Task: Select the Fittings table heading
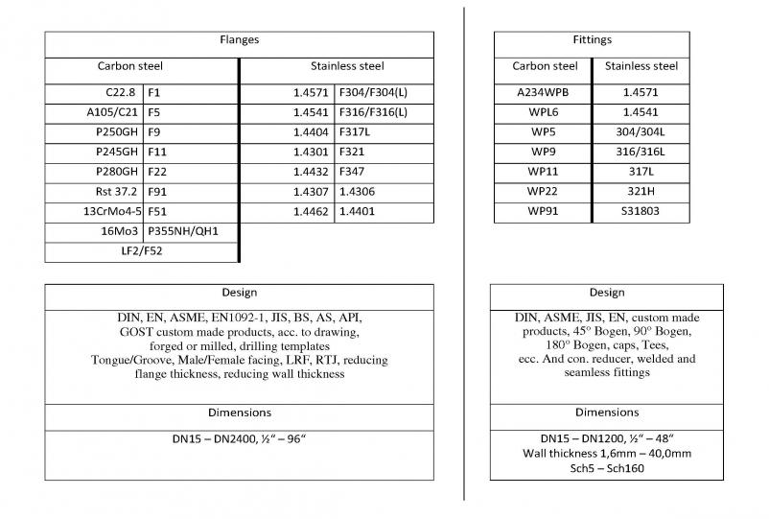click(x=591, y=40)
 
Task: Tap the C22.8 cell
click(x=121, y=93)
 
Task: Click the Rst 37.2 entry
click(x=116, y=192)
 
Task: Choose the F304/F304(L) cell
click(x=373, y=93)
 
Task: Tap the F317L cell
click(x=355, y=132)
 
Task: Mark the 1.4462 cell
click(x=311, y=212)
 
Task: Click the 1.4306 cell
click(x=356, y=192)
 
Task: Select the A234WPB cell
click(x=545, y=93)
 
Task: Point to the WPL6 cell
click(x=545, y=112)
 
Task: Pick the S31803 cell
click(x=641, y=212)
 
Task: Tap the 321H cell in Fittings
click(x=641, y=192)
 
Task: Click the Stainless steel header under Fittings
click(x=641, y=67)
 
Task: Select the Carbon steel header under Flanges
click(x=130, y=67)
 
